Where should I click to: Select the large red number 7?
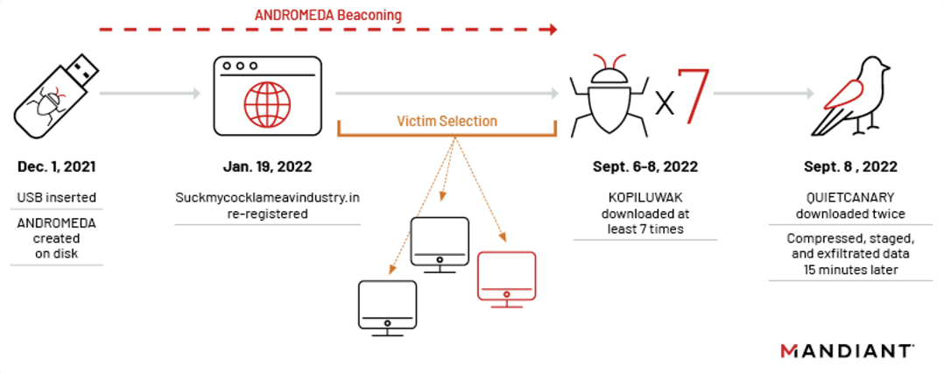693,95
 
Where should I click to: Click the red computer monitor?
505,276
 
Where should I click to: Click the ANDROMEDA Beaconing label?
328,15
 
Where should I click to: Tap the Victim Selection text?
447,121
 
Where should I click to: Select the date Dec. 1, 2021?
56,166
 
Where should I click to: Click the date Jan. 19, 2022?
267,166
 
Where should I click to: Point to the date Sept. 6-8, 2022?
645,166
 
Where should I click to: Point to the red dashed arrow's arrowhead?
552,29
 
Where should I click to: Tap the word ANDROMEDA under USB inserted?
56,222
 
